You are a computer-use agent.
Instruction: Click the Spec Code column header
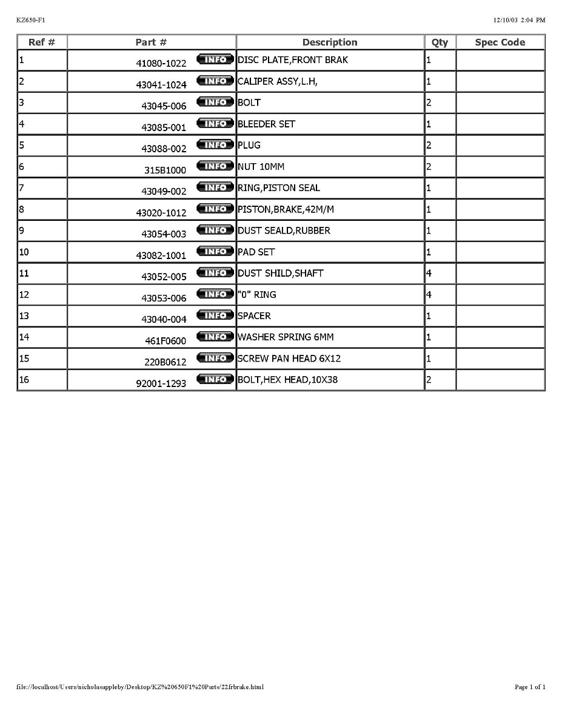pos(500,42)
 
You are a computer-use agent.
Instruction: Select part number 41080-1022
pos(161,64)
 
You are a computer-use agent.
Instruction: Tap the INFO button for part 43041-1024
pos(215,81)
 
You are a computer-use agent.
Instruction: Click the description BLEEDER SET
pos(266,124)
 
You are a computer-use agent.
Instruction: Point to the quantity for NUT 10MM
pos(429,166)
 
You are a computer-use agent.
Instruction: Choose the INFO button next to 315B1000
pos(215,166)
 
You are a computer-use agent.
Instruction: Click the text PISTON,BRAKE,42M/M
pos(286,209)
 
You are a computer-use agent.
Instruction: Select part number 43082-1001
pos(161,255)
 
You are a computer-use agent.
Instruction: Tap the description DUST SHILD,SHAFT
pos(280,273)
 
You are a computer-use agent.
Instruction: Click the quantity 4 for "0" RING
pos(429,294)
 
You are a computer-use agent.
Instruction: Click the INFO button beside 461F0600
pos(215,337)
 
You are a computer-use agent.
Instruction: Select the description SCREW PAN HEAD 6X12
pos(289,359)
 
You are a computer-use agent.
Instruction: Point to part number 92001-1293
pos(161,383)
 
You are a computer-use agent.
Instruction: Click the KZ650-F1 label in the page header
pos(31,20)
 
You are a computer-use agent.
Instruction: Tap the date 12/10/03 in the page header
pos(504,20)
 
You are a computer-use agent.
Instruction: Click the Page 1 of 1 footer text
pos(529,687)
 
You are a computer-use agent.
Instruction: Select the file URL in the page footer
pos(139,687)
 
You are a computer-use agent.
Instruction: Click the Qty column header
pos(440,42)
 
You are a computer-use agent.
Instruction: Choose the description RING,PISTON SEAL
pos(278,188)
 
